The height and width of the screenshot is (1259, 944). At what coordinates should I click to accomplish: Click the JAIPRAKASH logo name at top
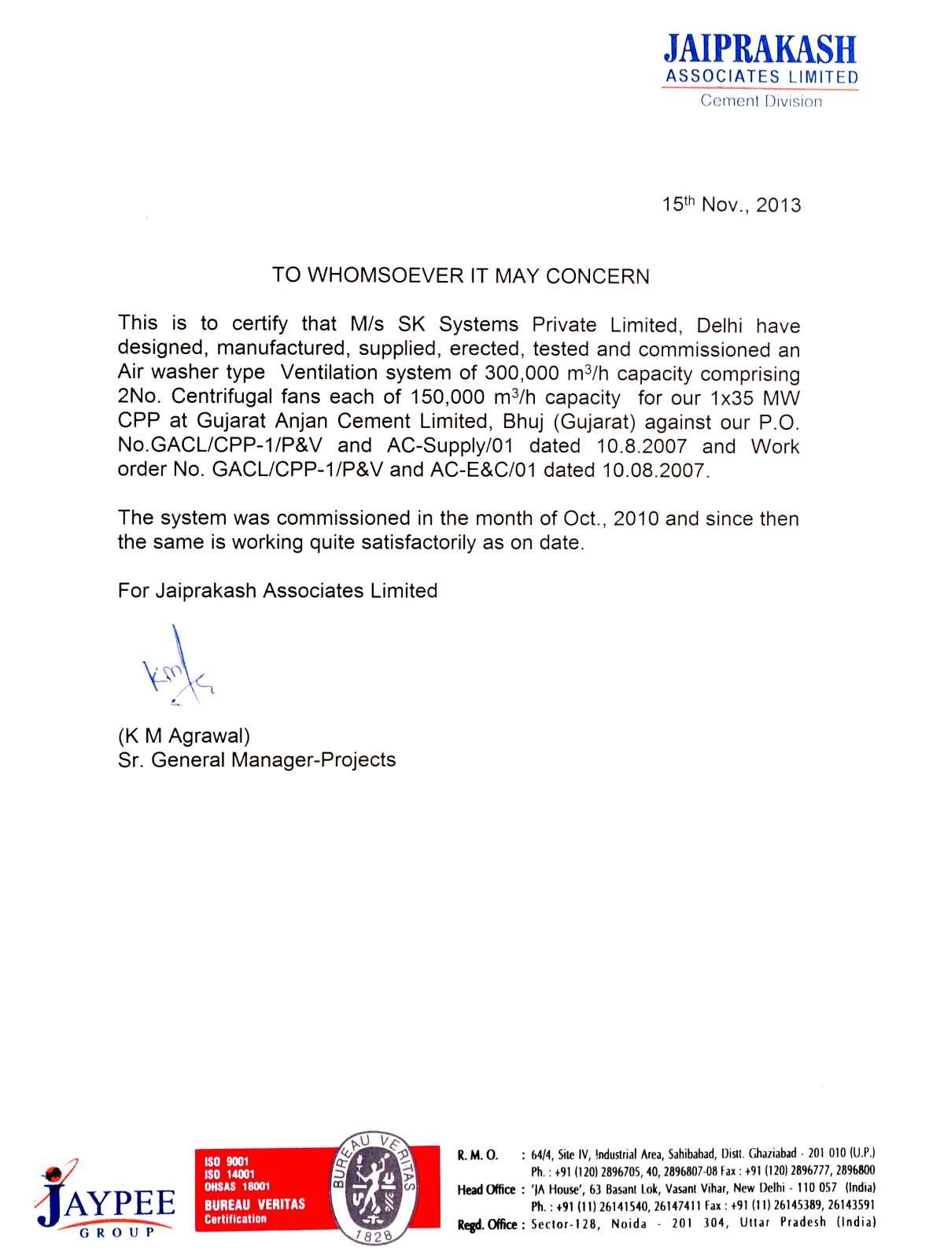pyautogui.click(x=760, y=50)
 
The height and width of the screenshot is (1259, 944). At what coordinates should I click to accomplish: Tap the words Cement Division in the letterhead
pyautogui.click(x=761, y=102)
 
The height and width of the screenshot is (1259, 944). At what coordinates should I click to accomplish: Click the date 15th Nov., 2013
pyautogui.click(x=731, y=205)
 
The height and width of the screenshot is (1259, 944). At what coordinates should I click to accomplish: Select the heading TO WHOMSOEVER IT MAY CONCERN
pyautogui.click(x=461, y=276)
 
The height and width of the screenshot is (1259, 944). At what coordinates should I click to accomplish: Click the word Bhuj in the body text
pyautogui.click(x=524, y=422)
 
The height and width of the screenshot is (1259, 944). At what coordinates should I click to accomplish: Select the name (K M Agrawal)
pyautogui.click(x=184, y=737)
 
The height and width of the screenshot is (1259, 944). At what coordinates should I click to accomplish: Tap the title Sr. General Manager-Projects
pyautogui.click(x=256, y=760)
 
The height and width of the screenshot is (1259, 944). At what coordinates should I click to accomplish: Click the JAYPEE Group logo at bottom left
pyautogui.click(x=103, y=1198)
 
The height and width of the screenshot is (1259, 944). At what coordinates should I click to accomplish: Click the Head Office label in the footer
pyautogui.click(x=485, y=1190)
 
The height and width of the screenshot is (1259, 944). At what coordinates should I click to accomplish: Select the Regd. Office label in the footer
pyautogui.click(x=487, y=1224)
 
